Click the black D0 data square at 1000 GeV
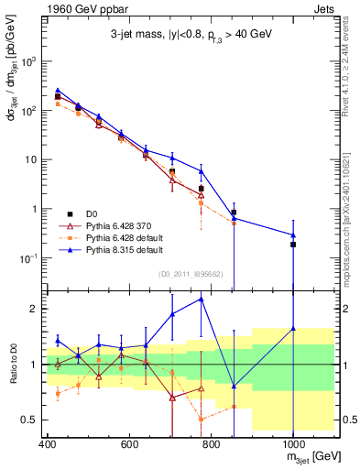click(x=293, y=245)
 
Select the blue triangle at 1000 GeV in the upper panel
click(x=293, y=235)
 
